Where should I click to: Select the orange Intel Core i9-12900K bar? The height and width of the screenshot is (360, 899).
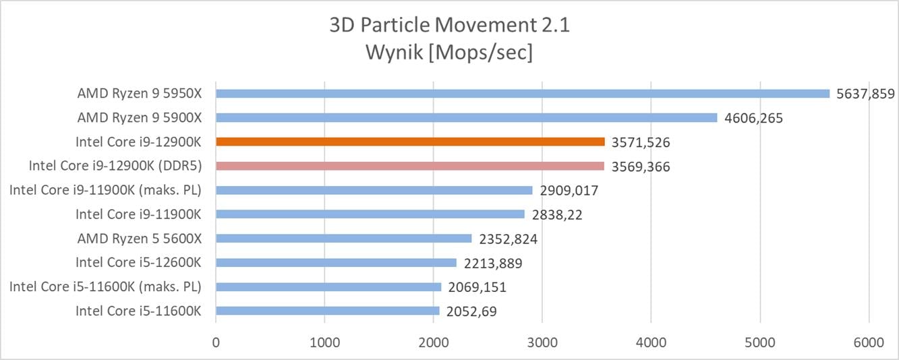pos(410,142)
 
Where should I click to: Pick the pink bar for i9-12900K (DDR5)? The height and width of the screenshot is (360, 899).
pos(410,166)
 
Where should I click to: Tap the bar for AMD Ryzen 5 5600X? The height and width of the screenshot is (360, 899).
pos(344,238)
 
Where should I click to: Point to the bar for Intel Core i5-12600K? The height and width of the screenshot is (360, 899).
pos(336,262)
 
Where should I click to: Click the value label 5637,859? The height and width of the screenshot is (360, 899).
pos(865,94)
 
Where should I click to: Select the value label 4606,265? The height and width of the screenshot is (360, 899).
pos(753,118)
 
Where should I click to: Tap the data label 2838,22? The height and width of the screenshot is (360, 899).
pos(556,214)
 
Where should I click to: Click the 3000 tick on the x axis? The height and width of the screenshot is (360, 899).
pos(542,342)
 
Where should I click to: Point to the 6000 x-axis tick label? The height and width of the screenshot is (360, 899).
pos(869,342)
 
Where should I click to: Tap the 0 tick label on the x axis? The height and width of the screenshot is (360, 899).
pos(216,342)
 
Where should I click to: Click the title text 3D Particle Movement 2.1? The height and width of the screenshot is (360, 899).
pos(449,26)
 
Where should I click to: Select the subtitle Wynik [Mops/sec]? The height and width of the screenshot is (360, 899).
pos(449,52)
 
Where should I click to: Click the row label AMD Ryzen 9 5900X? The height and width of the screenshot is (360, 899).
pos(140,118)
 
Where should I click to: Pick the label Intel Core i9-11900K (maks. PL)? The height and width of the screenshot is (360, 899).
pos(105,190)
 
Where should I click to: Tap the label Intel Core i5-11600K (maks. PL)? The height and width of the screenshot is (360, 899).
pos(105,287)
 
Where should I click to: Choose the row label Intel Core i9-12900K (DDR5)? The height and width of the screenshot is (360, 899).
pos(115,166)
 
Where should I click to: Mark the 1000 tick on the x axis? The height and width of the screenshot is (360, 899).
pos(324,342)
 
